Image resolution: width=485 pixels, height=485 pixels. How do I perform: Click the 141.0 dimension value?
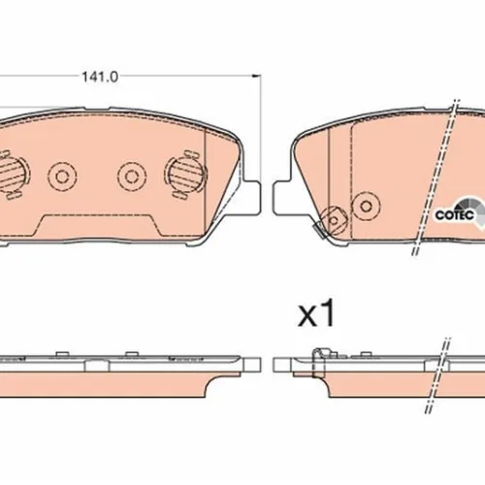[100, 77]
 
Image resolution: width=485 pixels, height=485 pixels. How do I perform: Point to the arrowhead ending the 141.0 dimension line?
[256, 76]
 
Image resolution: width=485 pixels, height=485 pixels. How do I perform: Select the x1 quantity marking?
[316, 312]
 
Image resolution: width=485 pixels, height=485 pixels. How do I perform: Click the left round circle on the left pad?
[62, 177]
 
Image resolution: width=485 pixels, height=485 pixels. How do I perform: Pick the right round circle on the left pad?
[132, 177]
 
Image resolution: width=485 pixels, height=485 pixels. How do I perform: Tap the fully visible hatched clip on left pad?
[185, 175]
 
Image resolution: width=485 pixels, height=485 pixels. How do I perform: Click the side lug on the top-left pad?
[251, 197]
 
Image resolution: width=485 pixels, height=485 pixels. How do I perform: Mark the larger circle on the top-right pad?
[366, 206]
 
